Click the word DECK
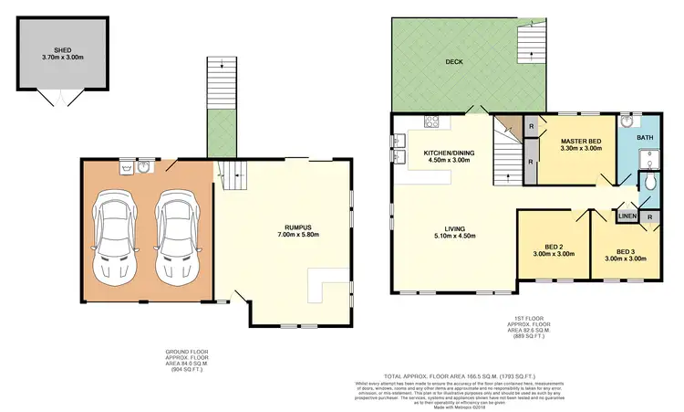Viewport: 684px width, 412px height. pyautogui.click(x=456, y=63)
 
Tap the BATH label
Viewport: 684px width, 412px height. pyautogui.click(x=645, y=138)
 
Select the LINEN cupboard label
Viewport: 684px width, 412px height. pyautogui.click(x=627, y=217)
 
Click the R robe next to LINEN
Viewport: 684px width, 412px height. pyautogui.click(x=648, y=217)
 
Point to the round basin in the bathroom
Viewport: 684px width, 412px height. pyautogui.click(x=627, y=120)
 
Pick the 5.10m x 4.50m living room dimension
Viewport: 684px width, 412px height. pyautogui.click(x=447, y=236)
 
